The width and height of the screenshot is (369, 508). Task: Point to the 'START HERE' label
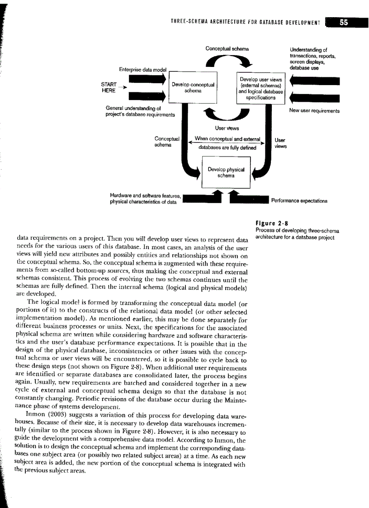click(109, 87)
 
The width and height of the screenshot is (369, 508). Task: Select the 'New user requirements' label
click(314, 110)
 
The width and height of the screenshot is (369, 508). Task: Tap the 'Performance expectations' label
click(299, 200)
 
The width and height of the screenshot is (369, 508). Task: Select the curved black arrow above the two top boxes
click(226, 61)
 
